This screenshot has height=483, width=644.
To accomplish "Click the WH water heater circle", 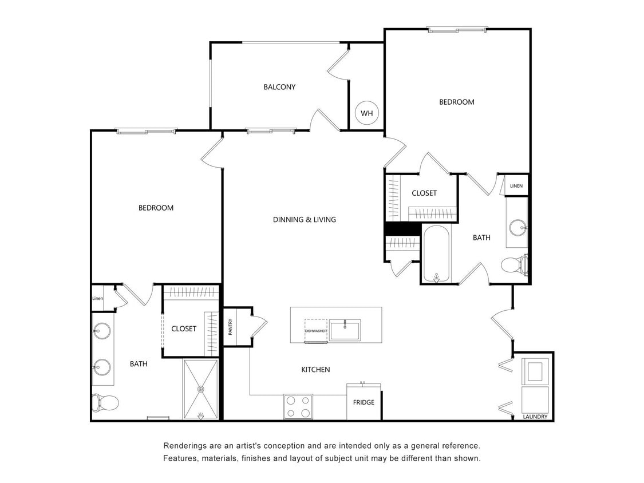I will [366, 113].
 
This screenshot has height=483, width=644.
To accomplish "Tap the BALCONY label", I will [279, 87].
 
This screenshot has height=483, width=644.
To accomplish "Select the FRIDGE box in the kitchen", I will [364, 402].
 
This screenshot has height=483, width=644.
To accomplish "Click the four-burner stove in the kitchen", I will [298, 407].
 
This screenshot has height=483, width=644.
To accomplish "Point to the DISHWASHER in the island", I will [316, 331].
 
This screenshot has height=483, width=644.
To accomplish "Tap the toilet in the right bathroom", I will [514, 266].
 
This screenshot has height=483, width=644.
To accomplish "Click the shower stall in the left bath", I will [200, 389].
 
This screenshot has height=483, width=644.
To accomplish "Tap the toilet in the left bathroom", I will [106, 402].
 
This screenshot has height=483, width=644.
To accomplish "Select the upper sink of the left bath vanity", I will [102, 331].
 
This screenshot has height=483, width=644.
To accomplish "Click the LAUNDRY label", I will [535, 417].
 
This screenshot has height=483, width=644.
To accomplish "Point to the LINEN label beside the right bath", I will [516, 186].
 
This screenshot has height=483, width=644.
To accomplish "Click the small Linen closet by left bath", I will [97, 298].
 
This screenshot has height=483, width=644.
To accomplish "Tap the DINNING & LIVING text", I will [304, 219].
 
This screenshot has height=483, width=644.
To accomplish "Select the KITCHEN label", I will [315, 370].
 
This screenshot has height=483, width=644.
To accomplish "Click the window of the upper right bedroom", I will [457, 30].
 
